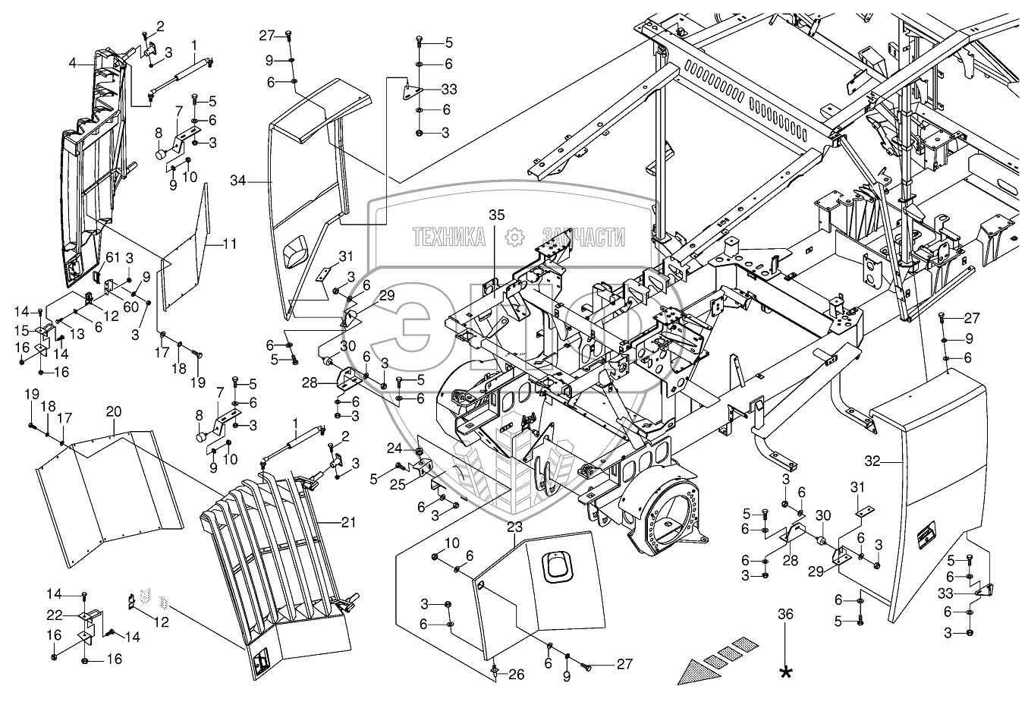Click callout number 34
click(x=238, y=181)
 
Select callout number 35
click(x=496, y=215)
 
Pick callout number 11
click(x=230, y=244)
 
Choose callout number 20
click(x=113, y=411)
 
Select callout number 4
click(x=72, y=64)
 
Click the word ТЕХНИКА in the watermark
click(x=449, y=238)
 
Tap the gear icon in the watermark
click(x=514, y=237)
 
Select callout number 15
click(x=20, y=331)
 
